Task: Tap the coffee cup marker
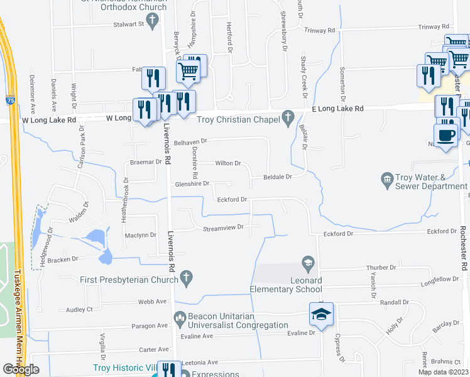click(x=445, y=135)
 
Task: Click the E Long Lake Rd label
click(x=338, y=109)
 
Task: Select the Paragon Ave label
click(x=148, y=325)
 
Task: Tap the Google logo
click(x=21, y=369)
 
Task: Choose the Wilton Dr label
click(x=228, y=163)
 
